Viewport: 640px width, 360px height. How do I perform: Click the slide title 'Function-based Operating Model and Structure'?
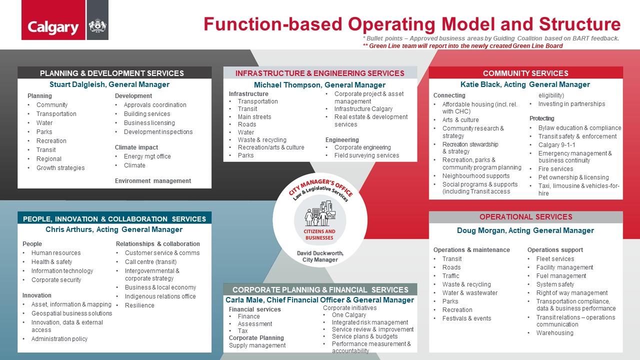coord(411,24)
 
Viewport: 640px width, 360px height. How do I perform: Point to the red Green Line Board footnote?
coord(462,46)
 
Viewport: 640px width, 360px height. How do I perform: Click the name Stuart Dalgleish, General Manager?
coord(109,84)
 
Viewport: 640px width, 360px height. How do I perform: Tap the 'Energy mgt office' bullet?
coord(147,156)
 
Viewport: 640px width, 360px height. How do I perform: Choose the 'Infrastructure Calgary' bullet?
coord(363,109)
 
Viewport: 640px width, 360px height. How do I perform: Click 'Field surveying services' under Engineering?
coord(366,155)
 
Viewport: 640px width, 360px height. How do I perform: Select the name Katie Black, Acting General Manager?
coord(525,84)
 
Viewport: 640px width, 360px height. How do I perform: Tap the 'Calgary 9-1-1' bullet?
coord(556,145)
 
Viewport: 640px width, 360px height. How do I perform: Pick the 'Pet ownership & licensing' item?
coord(573,177)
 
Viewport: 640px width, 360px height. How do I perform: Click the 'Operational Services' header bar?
coord(525,217)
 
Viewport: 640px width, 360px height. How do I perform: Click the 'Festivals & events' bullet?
coord(466,318)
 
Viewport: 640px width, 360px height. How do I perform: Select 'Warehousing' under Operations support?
coord(554,333)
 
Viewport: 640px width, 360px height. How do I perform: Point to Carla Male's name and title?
coord(319,300)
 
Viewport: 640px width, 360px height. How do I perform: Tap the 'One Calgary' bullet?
coord(348,315)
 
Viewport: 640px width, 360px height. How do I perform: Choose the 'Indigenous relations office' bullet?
coord(160,296)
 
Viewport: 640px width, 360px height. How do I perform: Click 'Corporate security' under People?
coord(56,280)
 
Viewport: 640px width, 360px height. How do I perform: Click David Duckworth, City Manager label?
coord(320,256)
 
